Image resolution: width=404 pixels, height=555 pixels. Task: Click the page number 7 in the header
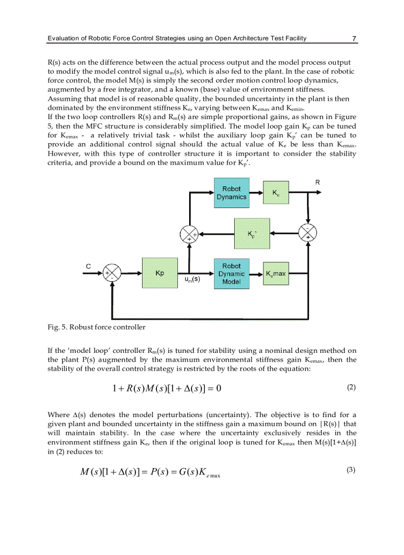(354, 39)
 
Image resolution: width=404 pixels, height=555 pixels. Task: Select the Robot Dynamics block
(231, 193)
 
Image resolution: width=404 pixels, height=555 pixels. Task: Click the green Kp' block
(252, 233)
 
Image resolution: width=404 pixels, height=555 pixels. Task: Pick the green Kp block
(159, 273)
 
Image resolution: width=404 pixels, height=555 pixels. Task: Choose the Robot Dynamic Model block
(231, 273)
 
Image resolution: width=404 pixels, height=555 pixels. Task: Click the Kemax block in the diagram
(276, 273)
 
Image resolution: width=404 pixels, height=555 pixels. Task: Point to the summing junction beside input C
(111, 273)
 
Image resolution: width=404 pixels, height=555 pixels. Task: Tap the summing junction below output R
(308, 233)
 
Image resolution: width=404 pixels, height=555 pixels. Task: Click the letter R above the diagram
(317, 182)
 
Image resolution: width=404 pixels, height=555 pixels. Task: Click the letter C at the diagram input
(88, 266)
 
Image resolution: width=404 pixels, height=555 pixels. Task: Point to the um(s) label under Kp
(192, 279)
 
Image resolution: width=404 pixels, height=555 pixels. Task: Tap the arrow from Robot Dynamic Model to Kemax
(255, 273)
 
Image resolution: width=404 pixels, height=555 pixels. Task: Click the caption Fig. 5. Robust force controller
(96, 327)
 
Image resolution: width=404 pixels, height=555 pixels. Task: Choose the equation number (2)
(351, 387)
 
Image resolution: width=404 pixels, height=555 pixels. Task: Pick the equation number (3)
(351, 470)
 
